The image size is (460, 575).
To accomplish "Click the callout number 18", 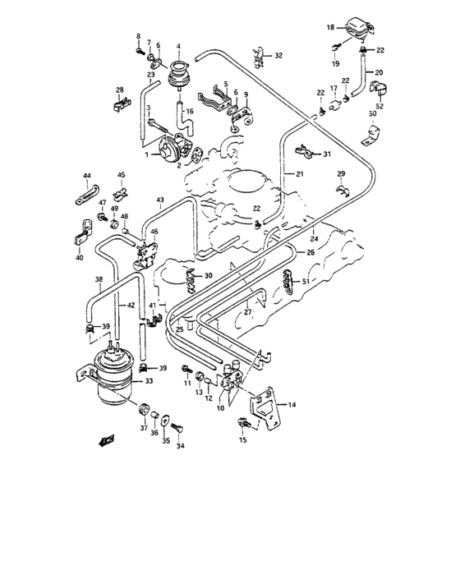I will (330, 27).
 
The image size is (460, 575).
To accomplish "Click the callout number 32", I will (278, 56).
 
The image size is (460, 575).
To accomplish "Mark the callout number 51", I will (306, 282).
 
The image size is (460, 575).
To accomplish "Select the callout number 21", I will (300, 174).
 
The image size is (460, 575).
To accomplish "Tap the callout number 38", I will (99, 279).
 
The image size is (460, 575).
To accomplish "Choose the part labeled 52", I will (381, 104).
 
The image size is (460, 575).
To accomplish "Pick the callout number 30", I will (208, 275).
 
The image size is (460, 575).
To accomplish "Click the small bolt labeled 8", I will (139, 51).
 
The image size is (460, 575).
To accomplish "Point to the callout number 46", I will (154, 232).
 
